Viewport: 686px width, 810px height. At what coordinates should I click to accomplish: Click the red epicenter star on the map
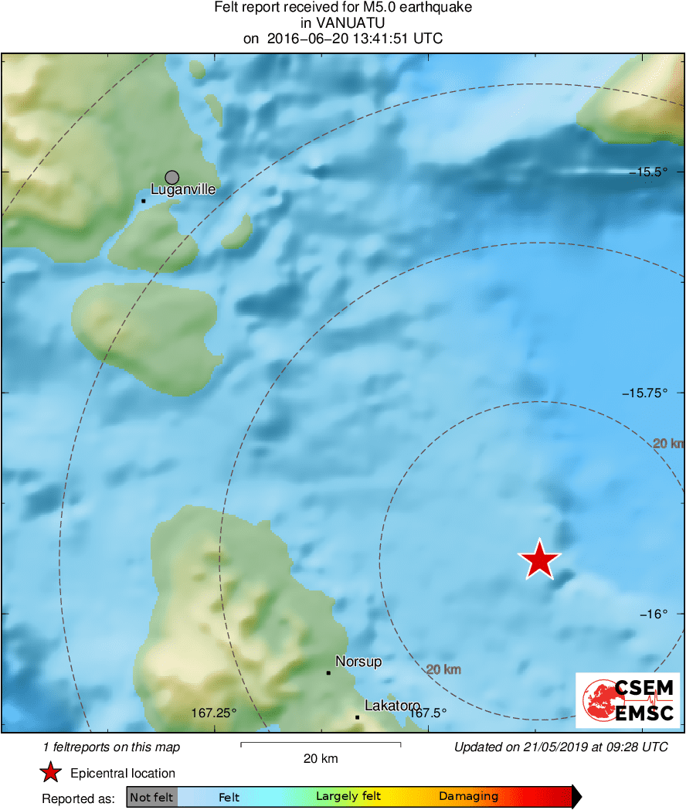click(x=539, y=559)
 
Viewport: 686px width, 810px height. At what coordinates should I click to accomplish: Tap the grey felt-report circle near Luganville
click(x=172, y=178)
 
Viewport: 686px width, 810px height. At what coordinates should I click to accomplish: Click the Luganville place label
click(x=183, y=189)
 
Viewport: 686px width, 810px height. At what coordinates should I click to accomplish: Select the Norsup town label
click(x=358, y=662)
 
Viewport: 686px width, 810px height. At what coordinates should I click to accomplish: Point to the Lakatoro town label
click(x=392, y=706)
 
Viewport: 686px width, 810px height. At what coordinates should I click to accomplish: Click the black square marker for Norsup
click(x=328, y=672)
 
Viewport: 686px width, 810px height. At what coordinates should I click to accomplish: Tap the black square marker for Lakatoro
click(x=358, y=716)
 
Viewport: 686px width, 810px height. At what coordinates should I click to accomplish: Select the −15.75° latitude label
click(x=644, y=393)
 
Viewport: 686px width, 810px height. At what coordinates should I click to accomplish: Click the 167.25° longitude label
click(x=213, y=713)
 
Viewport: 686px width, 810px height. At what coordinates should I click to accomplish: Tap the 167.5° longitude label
click(x=428, y=713)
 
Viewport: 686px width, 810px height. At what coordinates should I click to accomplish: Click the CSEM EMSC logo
click(x=627, y=700)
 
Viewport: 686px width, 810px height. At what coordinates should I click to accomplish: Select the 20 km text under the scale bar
click(x=321, y=759)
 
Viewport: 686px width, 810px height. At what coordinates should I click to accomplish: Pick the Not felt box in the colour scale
click(x=151, y=797)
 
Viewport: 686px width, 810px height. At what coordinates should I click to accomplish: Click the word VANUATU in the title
click(x=343, y=23)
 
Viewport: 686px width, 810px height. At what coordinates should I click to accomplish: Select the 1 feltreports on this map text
click(x=112, y=747)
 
